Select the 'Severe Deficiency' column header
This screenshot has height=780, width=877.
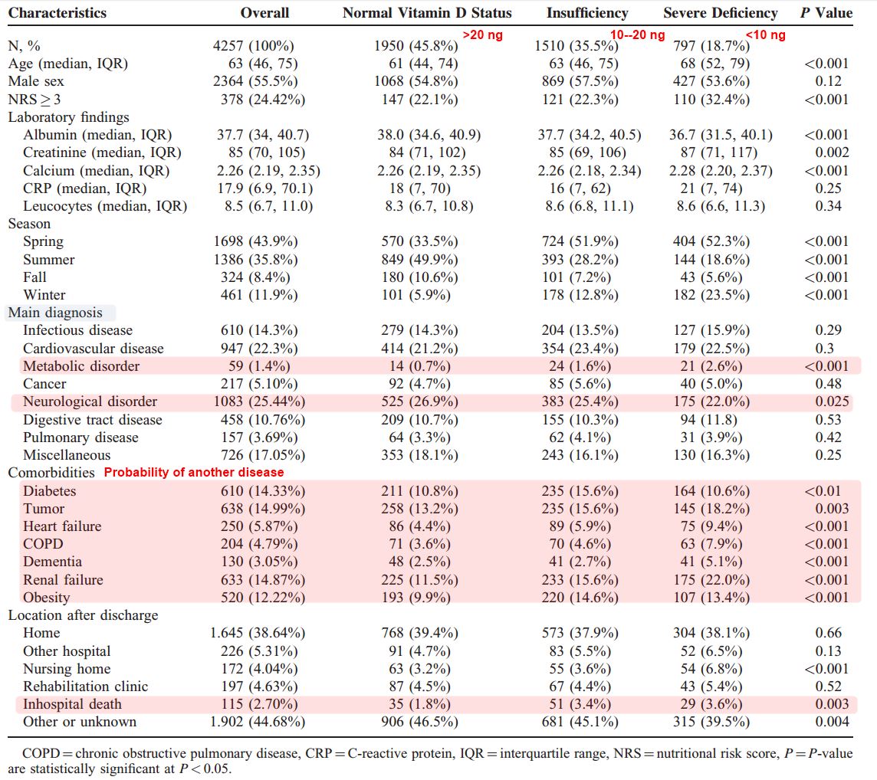tap(720, 13)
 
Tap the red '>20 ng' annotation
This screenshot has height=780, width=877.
tap(482, 34)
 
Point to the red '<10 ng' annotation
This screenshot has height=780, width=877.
tap(765, 34)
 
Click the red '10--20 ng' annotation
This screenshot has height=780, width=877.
tap(637, 34)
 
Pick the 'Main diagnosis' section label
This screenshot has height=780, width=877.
tap(55, 313)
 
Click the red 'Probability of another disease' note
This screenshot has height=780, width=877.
tap(194, 473)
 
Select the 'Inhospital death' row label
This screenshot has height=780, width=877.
tap(72, 704)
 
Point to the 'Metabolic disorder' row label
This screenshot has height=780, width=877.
tap(81, 366)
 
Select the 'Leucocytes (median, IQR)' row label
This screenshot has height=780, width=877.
tap(105, 206)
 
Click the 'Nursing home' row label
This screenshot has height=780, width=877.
tap(67, 669)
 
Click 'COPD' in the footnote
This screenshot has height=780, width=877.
tap(41, 754)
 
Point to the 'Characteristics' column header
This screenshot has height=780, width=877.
tap(57, 13)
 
